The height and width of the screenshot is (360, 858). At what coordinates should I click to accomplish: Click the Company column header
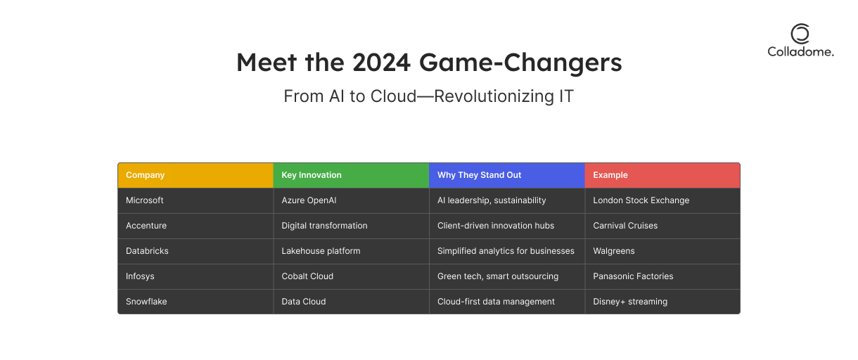196,175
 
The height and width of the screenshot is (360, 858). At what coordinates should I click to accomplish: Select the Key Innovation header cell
351,175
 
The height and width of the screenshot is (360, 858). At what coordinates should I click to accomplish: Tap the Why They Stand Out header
507,175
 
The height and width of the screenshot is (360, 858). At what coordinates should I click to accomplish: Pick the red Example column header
662,175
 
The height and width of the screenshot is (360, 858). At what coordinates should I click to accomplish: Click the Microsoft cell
196,200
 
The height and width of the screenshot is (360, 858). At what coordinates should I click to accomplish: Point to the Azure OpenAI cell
351,200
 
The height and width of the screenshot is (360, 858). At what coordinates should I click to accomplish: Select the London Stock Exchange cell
662,200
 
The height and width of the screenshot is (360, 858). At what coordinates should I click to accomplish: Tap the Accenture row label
196,226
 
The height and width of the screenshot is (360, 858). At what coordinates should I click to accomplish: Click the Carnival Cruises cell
662,226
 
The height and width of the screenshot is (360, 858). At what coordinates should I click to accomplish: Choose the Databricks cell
196,251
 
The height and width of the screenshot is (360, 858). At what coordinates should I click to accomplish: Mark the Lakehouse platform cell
351,251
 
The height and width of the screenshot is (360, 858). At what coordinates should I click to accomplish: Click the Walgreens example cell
662,251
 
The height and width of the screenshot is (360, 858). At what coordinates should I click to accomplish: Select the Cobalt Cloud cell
351,276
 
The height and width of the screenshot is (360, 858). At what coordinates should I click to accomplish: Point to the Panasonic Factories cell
662,276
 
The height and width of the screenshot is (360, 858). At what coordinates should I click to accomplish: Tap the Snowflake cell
196,302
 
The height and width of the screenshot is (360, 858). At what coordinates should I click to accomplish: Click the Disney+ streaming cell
662,302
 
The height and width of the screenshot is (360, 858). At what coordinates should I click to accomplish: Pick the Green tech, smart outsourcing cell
507,276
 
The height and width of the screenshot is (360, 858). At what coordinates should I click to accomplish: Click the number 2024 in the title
381,63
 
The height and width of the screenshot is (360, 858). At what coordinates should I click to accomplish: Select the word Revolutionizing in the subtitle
494,96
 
